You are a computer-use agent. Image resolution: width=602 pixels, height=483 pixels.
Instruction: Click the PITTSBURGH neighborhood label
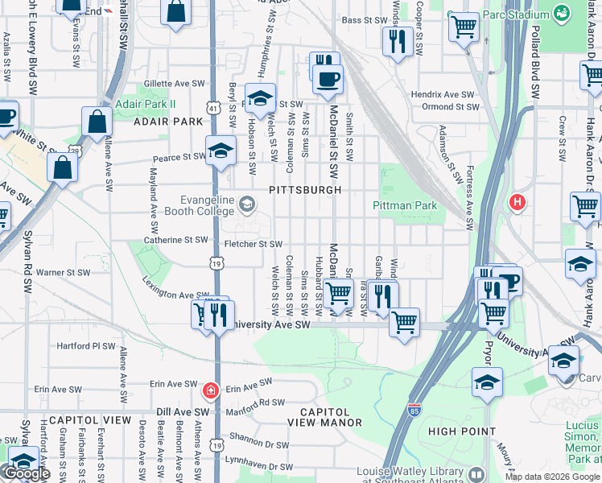[305, 190]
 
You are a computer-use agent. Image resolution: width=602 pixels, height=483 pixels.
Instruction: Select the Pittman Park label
[405, 205]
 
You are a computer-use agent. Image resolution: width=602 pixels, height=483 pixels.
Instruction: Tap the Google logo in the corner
[27, 473]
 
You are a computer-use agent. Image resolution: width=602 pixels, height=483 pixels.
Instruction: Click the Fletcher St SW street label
[254, 244]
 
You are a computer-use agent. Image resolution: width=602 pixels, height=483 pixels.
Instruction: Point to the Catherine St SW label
[175, 240]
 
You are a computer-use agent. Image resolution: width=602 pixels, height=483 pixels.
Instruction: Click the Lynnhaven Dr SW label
[259, 466]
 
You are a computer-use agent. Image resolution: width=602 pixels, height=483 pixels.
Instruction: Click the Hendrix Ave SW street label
[443, 94]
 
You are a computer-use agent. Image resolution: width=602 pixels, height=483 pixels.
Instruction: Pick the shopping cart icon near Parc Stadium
[464, 27]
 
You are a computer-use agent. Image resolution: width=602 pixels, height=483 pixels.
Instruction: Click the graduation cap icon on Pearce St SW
[221, 151]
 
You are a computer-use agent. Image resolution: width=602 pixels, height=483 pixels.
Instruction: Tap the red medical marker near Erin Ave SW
[210, 391]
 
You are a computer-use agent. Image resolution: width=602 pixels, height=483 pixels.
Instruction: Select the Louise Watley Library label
[415, 476]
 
